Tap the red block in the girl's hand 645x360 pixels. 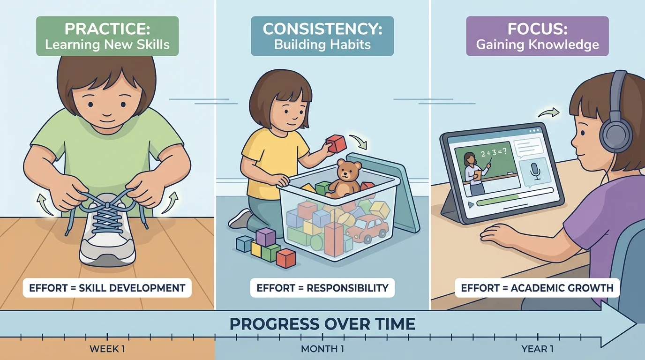tap(336, 143)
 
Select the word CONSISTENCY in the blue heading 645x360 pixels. tap(322, 29)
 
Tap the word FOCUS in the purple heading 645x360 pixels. tap(537, 29)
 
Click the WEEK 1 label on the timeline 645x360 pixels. tap(107, 349)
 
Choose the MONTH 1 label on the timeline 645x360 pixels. tap(322, 349)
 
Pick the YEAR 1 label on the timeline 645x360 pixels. tap(537, 349)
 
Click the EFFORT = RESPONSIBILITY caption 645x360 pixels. tap(322, 287)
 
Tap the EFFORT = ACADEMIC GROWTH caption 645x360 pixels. tap(537, 287)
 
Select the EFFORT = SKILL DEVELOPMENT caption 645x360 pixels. tap(107, 287)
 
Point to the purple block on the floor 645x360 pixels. tap(265, 237)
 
